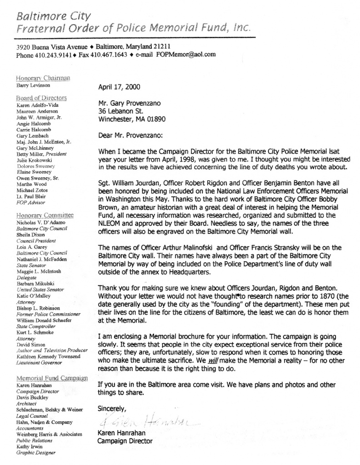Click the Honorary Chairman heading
[43, 78]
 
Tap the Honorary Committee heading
[44, 215]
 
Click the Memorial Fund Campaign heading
[52, 378]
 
